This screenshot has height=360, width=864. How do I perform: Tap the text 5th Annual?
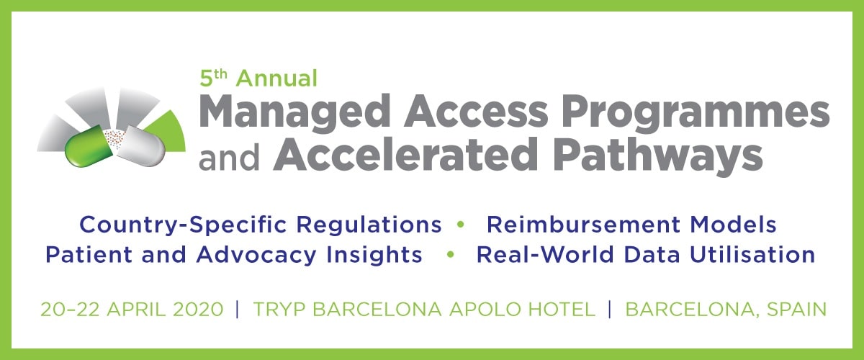(258, 76)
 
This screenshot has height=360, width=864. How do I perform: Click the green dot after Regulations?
(461, 225)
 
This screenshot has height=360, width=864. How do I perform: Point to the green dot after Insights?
(451, 256)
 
